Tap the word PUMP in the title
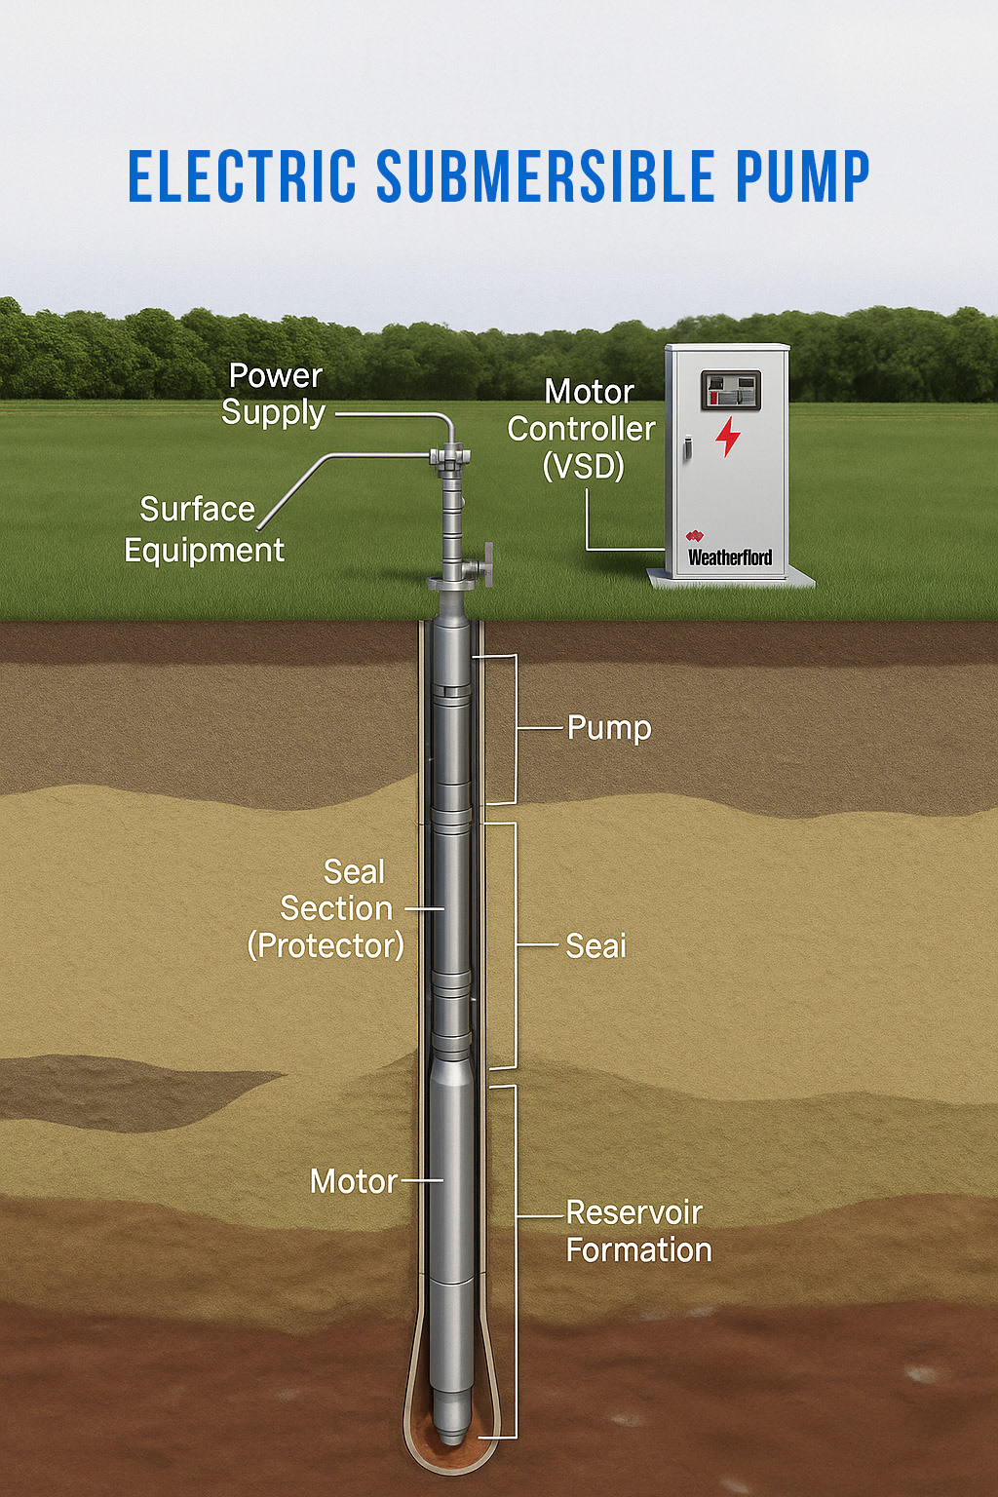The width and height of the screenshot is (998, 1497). pos(802,177)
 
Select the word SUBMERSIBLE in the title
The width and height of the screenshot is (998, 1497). pos(546,177)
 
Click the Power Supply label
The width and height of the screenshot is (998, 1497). pos(274,394)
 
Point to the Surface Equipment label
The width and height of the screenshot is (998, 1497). pos(203,529)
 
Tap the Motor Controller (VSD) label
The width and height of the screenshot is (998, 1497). pos(582,429)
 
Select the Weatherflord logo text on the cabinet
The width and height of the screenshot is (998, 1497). pos(730,557)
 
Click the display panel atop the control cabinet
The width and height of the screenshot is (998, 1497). pos(731,390)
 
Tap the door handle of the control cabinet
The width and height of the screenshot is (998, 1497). pos(687,448)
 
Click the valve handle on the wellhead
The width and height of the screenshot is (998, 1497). pos(487,564)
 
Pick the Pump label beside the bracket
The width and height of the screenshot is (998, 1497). pos(609,728)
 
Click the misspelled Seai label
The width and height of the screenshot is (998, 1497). pos(595,945)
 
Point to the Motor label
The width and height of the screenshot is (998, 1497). pos(353,1181)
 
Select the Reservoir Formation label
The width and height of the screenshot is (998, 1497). pos(637,1231)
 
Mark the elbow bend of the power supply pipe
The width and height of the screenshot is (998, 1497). pos(446,422)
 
